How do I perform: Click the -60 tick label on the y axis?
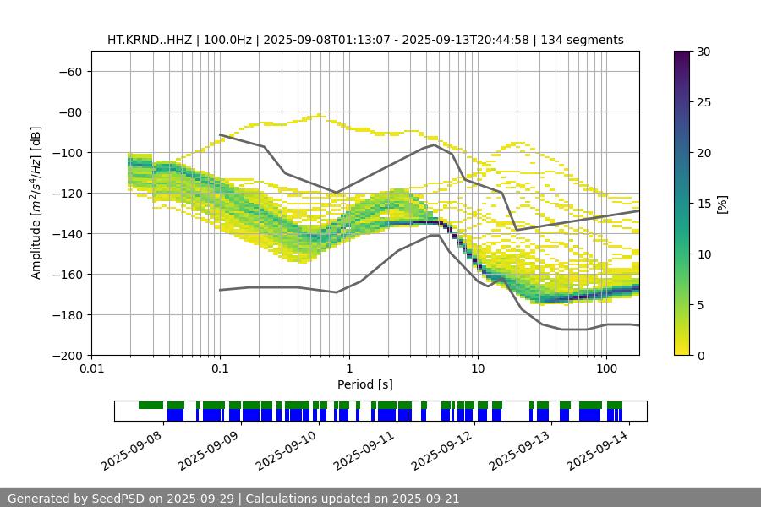click(69, 71)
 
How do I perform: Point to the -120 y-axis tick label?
click(66, 193)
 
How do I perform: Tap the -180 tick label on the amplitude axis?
click(66, 314)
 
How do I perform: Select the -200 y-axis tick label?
click(66, 355)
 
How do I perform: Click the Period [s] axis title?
click(365, 385)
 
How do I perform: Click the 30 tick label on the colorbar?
click(704, 52)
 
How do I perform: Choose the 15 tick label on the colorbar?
click(704, 203)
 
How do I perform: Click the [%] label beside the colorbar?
click(722, 203)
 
